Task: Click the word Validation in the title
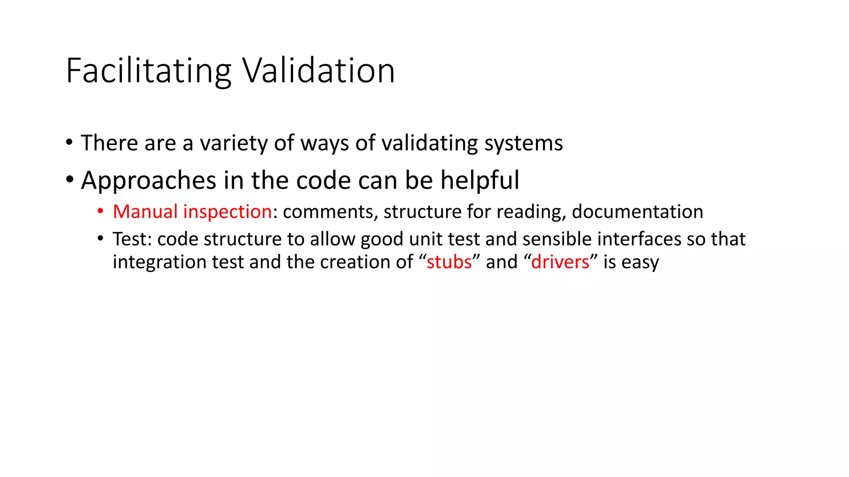point(318,71)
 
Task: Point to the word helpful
point(479,181)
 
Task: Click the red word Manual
point(145,212)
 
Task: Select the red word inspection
point(227,212)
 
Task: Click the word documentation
point(637,212)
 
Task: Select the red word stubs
point(449,262)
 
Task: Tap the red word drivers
point(560,262)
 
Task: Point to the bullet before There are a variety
point(69,143)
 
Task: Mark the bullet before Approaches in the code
point(69,180)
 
